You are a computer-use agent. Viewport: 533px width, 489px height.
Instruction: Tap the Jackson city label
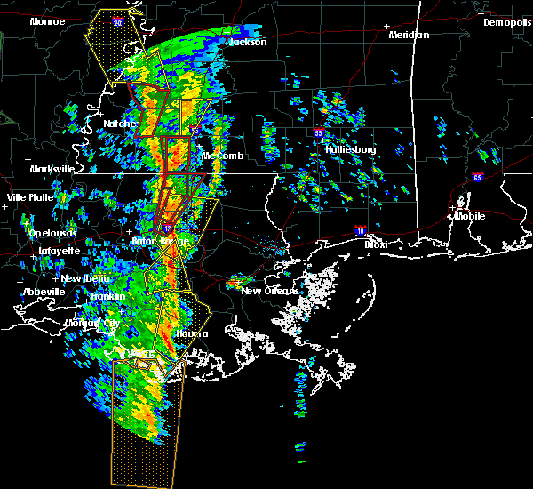point(248,42)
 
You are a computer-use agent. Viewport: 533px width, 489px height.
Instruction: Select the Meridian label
point(409,35)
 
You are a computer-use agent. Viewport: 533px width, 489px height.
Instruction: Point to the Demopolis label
point(506,23)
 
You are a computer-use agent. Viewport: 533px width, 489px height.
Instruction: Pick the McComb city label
point(222,156)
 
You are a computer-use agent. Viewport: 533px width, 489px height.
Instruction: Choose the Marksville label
point(52,169)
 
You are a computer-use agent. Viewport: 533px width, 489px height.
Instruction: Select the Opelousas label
point(52,234)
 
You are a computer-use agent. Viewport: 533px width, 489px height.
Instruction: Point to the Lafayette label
point(58,252)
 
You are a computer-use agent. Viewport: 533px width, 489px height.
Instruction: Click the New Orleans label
point(264,291)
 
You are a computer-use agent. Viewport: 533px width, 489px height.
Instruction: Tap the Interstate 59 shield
point(318,133)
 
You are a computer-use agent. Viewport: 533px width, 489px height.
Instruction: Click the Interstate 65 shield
point(478,178)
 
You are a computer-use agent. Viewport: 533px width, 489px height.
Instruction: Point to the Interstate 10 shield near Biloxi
point(360,230)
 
